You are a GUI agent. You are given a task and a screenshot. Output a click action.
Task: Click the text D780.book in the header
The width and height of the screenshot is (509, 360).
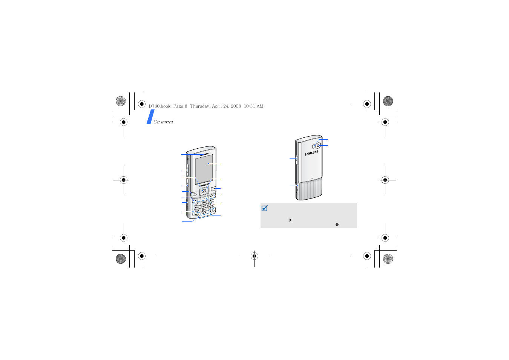(159, 106)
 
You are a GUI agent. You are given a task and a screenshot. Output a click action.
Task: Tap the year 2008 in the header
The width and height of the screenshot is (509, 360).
(236, 106)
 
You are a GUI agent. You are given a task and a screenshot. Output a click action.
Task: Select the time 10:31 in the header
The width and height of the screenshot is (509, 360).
(249, 106)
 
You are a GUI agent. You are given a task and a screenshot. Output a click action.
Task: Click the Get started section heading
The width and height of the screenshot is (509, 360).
(163, 122)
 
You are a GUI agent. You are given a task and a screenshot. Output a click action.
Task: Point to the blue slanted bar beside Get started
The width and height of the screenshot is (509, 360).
(150, 117)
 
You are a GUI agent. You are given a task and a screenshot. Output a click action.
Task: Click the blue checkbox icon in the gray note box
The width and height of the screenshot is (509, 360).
(264, 208)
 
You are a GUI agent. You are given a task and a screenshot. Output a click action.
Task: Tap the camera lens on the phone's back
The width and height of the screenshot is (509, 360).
(318, 145)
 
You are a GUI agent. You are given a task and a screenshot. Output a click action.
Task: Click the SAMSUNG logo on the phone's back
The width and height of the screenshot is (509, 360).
(312, 153)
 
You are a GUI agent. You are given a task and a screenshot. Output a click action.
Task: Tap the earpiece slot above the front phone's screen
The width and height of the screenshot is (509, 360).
(205, 154)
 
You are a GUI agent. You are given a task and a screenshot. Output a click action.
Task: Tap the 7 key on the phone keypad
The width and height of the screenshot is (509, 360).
(196, 211)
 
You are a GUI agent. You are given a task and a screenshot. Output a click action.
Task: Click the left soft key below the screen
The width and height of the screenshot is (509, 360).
(194, 194)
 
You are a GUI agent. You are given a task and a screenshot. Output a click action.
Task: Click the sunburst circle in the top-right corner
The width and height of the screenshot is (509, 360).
(388, 101)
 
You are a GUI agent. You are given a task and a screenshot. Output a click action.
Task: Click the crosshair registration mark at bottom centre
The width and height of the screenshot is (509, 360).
(254, 256)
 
